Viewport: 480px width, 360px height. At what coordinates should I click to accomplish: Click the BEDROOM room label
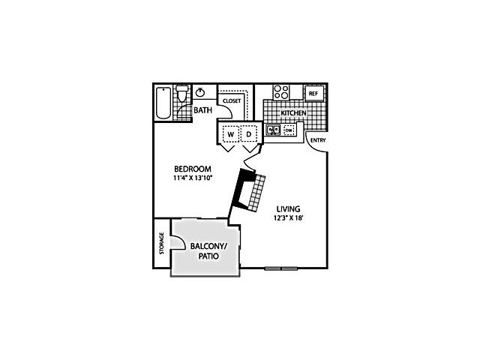(x=193, y=169)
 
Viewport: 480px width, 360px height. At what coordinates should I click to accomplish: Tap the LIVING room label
(x=288, y=209)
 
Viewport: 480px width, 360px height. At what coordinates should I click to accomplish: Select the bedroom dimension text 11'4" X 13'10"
(x=193, y=178)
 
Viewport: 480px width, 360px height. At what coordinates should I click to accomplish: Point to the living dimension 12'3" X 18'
(x=288, y=218)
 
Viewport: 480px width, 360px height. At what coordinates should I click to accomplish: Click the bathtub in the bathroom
(x=163, y=103)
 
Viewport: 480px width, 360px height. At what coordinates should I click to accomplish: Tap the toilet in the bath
(x=182, y=93)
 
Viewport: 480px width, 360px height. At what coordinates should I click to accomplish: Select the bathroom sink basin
(x=200, y=91)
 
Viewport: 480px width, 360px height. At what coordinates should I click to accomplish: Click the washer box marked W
(x=231, y=134)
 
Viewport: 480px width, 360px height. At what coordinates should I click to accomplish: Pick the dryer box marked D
(x=249, y=134)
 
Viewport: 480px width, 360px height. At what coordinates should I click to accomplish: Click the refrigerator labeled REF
(x=313, y=94)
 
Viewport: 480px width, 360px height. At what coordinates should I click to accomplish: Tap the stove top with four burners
(x=281, y=91)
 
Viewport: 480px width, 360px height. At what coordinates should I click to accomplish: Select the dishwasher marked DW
(x=289, y=130)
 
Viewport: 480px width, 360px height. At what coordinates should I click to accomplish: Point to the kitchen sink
(x=273, y=130)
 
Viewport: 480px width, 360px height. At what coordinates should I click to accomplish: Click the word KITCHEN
(x=293, y=113)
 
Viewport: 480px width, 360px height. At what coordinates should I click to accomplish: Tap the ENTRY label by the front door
(x=318, y=140)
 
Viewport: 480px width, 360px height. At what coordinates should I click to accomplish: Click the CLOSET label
(x=232, y=100)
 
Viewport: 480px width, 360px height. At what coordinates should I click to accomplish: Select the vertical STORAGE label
(x=162, y=243)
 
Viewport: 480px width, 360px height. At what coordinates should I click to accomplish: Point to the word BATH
(x=203, y=110)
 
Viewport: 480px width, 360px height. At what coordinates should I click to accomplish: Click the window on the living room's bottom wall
(x=281, y=268)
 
